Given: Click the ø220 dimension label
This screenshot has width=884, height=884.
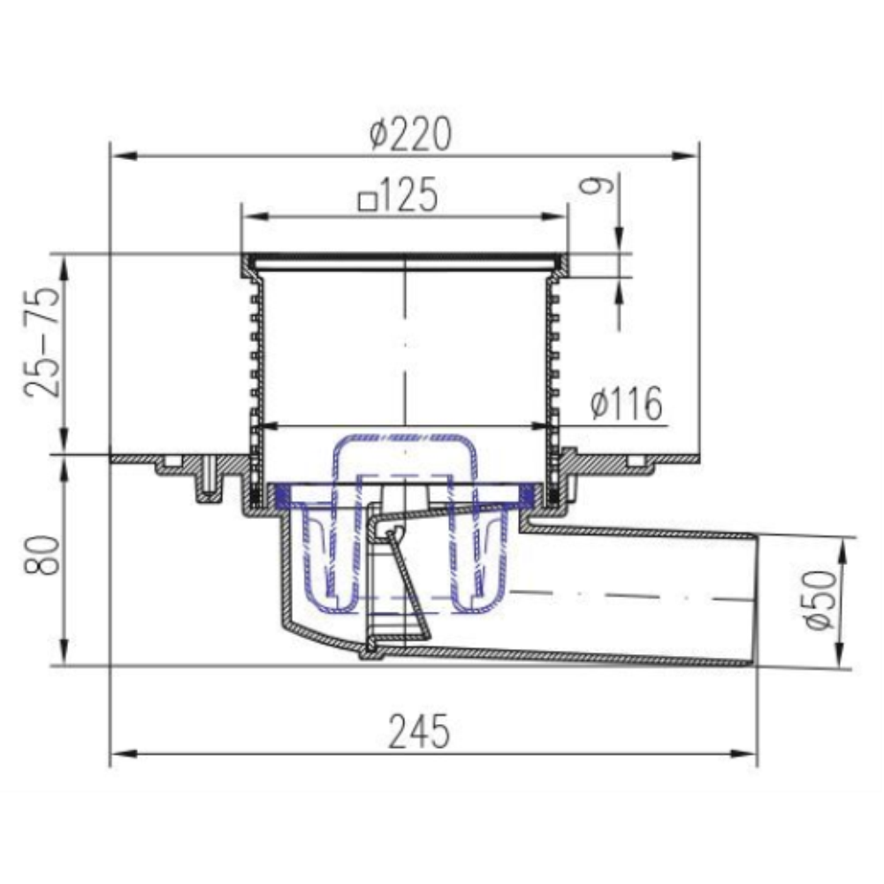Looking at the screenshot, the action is click(x=410, y=134).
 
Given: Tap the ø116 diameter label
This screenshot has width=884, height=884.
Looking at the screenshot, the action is click(x=627, y=403).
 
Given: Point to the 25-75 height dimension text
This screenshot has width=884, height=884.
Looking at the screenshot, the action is click(x=42, y=342).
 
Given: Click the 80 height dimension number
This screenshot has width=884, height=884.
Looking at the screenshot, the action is click(x=42, y=555).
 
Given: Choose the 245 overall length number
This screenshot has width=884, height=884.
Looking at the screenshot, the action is click(x=420, y=731).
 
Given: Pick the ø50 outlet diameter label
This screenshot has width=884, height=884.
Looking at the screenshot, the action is click(x=820, y=599).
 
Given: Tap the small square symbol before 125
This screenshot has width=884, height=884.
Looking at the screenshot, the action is click(x=368, y=202).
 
